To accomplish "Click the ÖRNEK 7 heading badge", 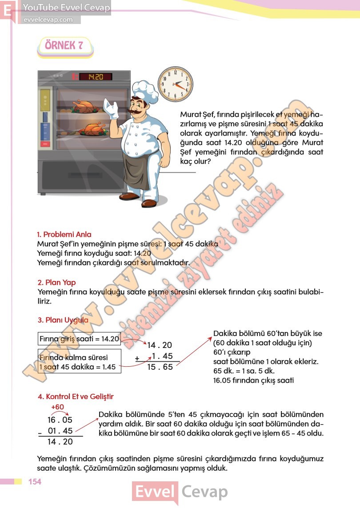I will [65, 46].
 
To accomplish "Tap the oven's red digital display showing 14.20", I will [95, 76].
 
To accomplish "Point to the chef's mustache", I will [137, 110].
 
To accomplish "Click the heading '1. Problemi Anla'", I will [64, 234].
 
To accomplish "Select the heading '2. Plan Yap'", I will [56, 282].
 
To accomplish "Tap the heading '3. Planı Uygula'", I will [63, 320].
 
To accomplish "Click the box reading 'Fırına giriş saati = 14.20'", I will [79, 339].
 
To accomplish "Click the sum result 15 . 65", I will [160, 367].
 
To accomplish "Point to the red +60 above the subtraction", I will [58, 407].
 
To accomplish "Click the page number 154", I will [35, 481].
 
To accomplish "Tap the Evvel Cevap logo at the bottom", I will [180, 492].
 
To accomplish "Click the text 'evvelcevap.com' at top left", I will [48, 20].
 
